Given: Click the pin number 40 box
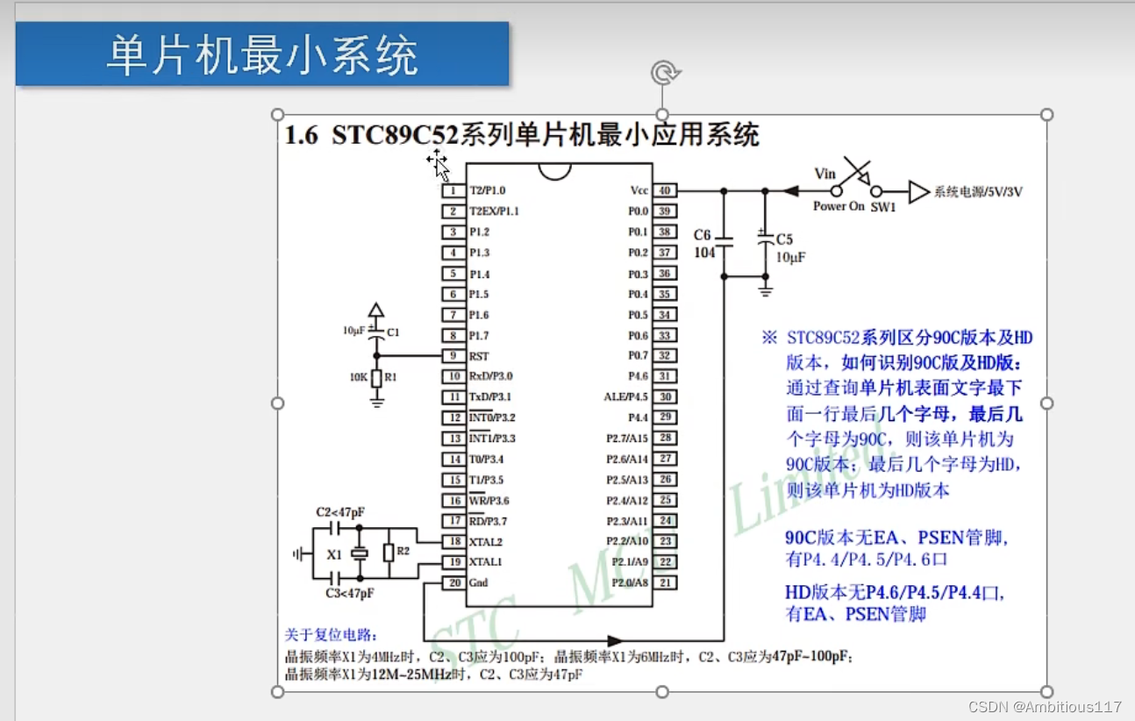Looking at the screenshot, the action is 665,190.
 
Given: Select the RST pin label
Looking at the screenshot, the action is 479,356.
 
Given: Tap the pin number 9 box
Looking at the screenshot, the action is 453,356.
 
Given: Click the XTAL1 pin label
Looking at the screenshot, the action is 486,562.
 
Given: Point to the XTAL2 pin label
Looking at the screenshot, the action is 486,542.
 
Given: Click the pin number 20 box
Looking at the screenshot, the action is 453,583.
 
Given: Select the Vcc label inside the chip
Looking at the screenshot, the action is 639,190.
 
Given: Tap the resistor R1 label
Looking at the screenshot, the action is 391,376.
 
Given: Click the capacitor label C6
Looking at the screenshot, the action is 703,235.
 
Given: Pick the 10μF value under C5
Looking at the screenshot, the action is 790,257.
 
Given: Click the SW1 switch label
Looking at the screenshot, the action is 882,207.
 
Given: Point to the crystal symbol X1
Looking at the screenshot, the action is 359,553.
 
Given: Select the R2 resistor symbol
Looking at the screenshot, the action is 388,553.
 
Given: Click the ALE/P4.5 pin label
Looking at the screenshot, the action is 625,397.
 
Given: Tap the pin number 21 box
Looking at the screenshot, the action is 665,583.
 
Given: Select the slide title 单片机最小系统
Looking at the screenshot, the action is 261,55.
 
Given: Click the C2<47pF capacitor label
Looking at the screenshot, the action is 339,512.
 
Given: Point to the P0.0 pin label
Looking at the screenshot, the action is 638,211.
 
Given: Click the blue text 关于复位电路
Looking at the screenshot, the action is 331,635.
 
